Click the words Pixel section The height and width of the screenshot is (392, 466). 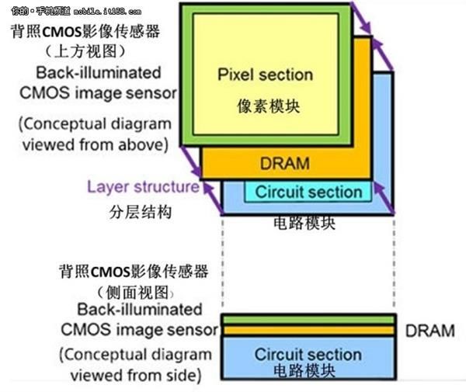coord(265,75)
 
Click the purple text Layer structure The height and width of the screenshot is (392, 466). coord(143,187)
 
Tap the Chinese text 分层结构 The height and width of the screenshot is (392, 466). coord(118,210)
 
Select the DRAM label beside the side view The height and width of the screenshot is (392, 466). coord(429,331)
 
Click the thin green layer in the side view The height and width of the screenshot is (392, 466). coord(308,320)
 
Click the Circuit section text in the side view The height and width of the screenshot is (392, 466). coord(308,355)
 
